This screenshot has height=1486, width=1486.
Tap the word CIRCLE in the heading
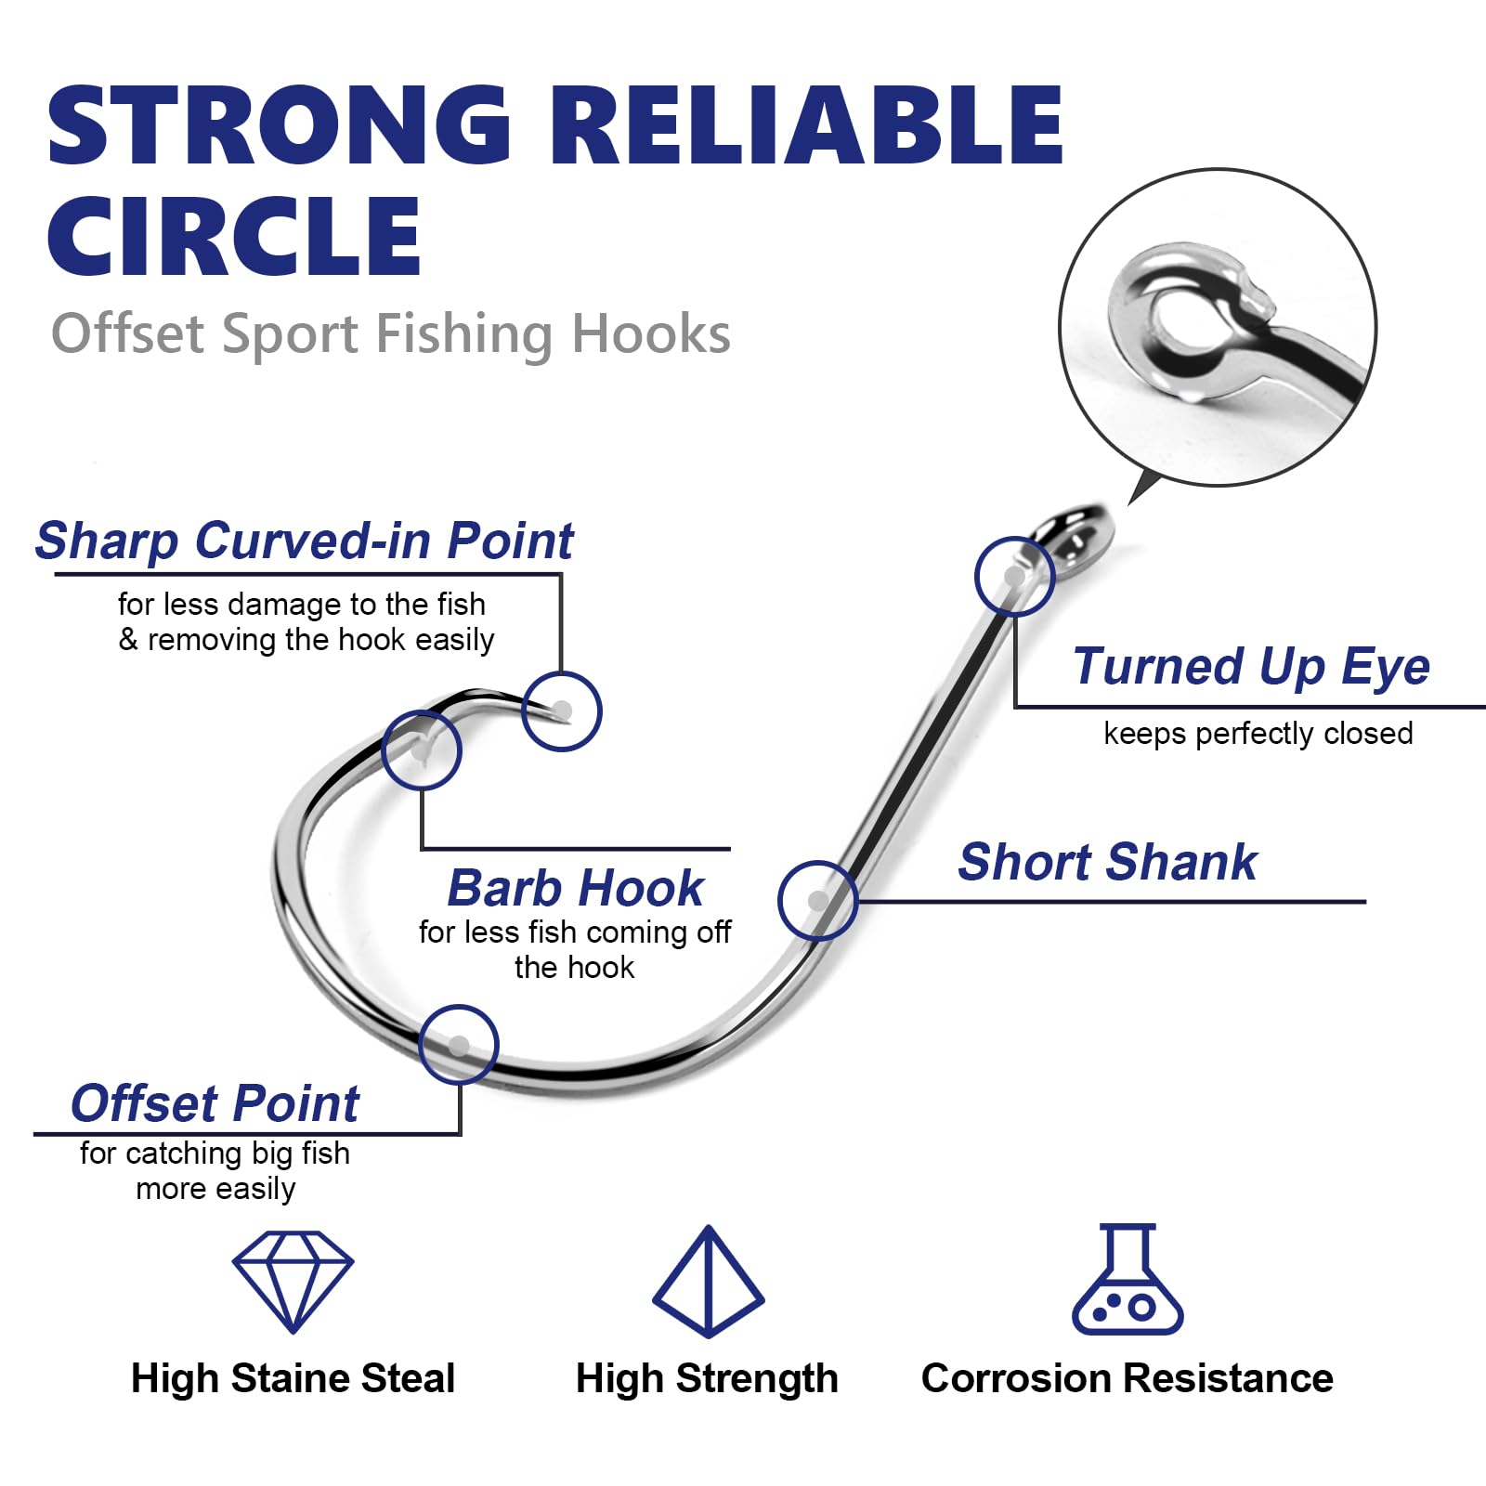[x=234, y=237]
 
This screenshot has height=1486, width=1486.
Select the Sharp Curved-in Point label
[x=304, y=541]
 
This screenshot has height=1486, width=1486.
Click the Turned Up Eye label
[x=1250, y=667]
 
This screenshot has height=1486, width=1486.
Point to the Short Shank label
[x=1107, y=862]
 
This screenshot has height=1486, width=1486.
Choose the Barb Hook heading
[x=575, y=888]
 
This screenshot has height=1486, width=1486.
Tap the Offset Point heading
[x=215, y=1103]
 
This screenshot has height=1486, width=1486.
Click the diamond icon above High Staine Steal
[x=293, y=1281]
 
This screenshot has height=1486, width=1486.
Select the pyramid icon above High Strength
[x=709, y=1281]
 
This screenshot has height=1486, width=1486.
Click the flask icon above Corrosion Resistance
[x=1128, y=1281]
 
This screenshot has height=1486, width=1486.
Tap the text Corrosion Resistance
[x=1127, y=1378]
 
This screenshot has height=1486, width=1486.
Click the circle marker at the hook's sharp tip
[x=562, y=711]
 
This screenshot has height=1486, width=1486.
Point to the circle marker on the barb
[x=422, y=750]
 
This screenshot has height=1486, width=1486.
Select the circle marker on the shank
[x=818, y=901]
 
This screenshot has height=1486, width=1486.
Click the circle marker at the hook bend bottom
[x=459, y=1045]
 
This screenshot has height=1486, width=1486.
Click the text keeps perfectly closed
[x=1258, y=734]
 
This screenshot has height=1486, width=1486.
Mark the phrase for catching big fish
[x=215, y=1154]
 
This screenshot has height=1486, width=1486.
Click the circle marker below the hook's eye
[x=1014, y=576]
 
